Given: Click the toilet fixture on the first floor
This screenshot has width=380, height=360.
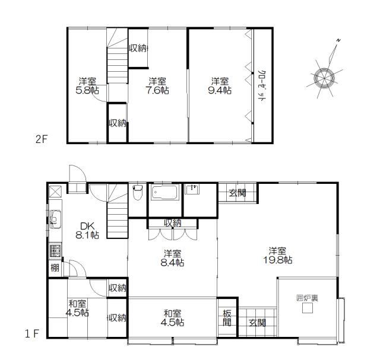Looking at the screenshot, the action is tap(138, 193).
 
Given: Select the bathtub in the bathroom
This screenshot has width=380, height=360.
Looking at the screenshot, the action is tap(165, 192).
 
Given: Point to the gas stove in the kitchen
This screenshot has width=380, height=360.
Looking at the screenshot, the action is tap(55, 251).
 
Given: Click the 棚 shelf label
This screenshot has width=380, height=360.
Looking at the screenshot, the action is tap(55, 268).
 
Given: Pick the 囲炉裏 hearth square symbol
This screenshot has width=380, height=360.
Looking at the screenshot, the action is tap(308, 308).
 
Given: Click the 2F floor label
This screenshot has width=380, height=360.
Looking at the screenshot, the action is tap(41, 139).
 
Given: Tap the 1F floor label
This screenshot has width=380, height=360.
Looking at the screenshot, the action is tap(31, 334).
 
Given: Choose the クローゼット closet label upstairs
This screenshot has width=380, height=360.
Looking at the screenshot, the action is tap(262, 87).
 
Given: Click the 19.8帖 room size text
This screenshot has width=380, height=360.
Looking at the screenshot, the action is tap(277, 260).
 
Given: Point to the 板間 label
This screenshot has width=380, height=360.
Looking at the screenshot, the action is tap(227, 318).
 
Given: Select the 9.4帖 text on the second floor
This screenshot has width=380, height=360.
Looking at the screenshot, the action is tap(220, 90).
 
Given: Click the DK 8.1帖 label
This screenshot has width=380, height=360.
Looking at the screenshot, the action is tap(87, 231).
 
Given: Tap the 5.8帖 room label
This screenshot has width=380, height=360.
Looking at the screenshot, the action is tap(87, 90).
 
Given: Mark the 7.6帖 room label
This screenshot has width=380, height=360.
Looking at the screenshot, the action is tap(157, 90).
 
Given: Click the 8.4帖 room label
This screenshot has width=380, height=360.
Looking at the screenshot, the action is tap(172, 263).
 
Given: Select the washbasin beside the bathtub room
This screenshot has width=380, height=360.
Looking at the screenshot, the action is tap(192, 189).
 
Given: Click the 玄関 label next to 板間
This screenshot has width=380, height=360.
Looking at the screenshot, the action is tap(257, 323).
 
